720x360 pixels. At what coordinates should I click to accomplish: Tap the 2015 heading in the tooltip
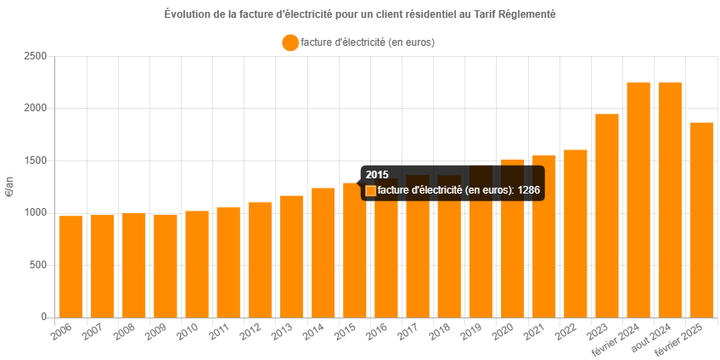377,175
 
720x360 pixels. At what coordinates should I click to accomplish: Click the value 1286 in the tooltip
529,190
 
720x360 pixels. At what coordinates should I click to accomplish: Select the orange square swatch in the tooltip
370,191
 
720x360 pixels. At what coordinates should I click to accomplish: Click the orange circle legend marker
290,42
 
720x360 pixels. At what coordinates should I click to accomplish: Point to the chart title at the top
360,14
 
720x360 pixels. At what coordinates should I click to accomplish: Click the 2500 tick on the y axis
35,56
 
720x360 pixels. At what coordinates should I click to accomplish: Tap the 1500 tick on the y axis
35,160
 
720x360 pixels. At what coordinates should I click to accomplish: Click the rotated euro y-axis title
10,187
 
